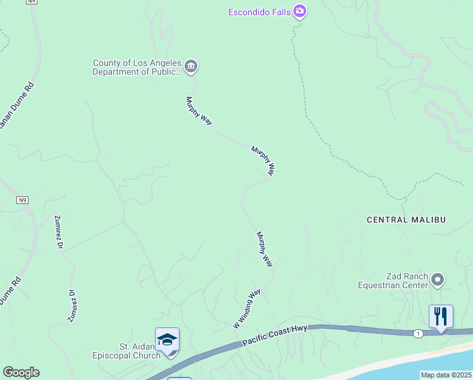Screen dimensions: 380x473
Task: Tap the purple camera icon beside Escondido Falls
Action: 300,11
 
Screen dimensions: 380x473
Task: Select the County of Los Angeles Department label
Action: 137,67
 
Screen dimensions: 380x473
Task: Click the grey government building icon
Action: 191,66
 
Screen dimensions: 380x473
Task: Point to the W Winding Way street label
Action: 247,309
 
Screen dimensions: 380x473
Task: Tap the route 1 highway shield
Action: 418,333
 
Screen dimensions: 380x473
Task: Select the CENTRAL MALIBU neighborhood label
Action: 407,220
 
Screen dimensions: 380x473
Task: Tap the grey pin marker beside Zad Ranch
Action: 438,279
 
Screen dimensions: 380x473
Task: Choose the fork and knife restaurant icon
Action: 441,316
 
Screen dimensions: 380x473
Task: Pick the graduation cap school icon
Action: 167,340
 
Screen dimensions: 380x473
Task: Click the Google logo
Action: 21,372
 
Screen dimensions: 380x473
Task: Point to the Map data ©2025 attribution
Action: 446,375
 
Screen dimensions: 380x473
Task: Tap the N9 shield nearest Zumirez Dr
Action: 23,200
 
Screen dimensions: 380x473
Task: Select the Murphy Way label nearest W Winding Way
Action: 264,248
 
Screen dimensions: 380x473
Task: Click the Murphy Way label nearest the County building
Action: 199,111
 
